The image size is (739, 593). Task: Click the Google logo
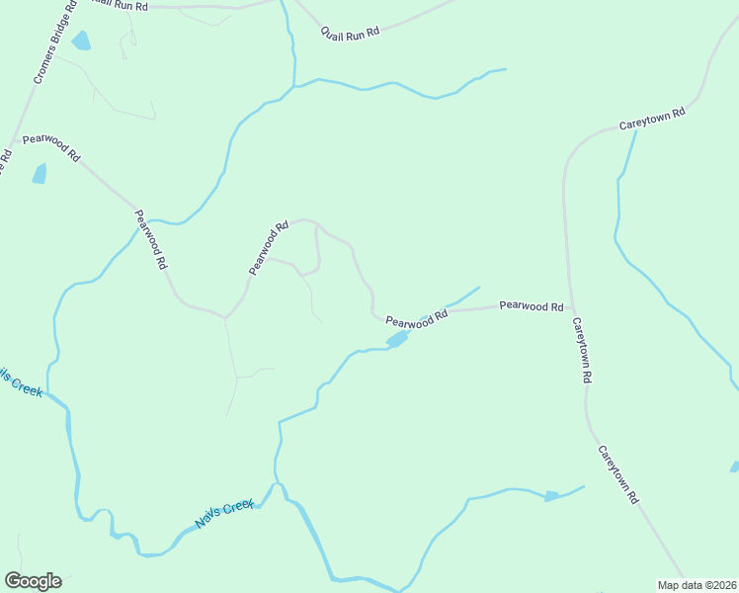coord(33,581)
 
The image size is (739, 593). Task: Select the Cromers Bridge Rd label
coord(53,46)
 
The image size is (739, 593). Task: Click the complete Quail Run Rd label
coord(350,33)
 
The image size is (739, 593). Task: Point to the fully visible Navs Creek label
coord(225,514)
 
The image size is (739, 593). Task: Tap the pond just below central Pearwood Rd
coord(397,340)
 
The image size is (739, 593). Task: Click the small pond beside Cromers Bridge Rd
coord(80,41)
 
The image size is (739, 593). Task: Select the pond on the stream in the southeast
coord(551,495)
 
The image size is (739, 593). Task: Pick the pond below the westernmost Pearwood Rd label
coord(40,174)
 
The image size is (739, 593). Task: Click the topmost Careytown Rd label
coord(652,119)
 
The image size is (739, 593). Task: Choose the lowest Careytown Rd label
coord(617,474)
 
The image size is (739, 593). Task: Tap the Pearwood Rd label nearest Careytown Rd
coord(531,306)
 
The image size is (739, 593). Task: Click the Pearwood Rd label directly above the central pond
coord(417,319)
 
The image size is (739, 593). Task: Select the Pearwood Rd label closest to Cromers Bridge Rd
coord(51,145)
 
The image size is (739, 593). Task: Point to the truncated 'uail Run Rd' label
coord(120,6)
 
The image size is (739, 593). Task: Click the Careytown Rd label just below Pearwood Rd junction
coord(582,350)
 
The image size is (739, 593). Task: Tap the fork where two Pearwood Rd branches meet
coord(226,317)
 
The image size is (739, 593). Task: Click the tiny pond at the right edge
coord(734,466)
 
